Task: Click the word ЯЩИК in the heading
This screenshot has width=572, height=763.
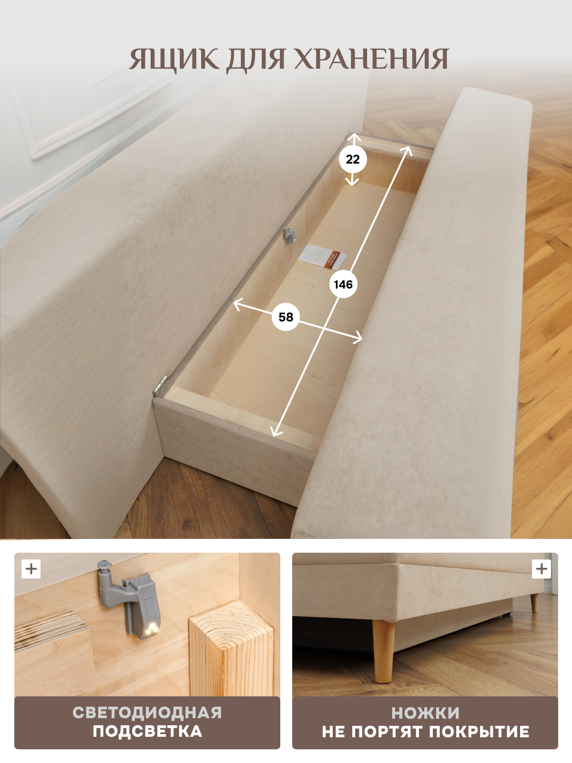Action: coord(174,59)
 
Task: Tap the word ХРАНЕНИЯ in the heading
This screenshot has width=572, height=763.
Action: coord(372,59)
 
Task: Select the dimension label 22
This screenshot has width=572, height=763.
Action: coord(353,160)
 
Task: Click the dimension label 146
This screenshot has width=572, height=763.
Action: coord(343,284)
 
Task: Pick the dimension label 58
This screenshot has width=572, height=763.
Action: coord(286,317)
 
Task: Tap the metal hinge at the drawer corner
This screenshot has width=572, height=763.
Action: coord(160,384)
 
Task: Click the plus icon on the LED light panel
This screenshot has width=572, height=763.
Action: coord(31,569)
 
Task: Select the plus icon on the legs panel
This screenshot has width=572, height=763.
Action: coord(541,569)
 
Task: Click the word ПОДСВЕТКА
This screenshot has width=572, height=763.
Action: coord(147,732)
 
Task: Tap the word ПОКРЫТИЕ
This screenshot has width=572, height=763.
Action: coord(479,732)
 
